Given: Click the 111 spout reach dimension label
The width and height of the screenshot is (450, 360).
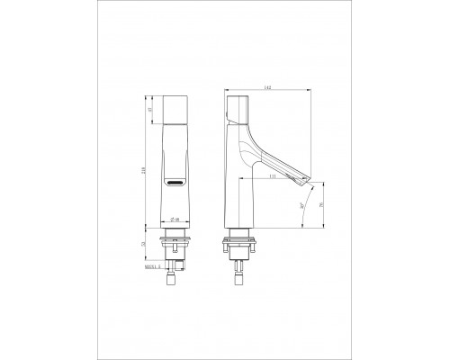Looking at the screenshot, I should click(x=272, y=178).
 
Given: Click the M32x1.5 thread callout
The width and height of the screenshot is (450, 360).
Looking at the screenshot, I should click(x=150, y=265).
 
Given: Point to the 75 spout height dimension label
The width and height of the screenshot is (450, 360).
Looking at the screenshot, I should click(x=323, y=206).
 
